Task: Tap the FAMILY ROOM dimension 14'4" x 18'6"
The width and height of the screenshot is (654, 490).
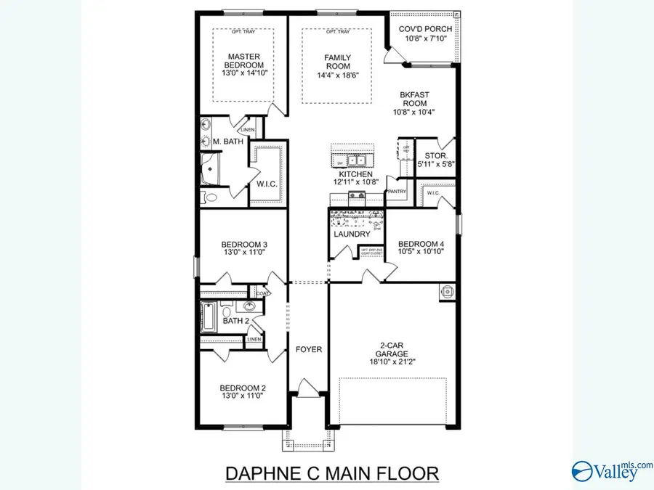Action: [x=337, y=75]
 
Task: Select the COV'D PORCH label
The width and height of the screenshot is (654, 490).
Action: [x=426, y=30]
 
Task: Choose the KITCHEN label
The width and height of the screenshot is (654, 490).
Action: [x=353, y=175]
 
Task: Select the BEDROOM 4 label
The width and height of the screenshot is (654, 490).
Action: [x=421, y=244]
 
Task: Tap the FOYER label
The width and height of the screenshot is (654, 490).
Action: [x=308, y=349]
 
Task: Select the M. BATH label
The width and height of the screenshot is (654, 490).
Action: [x=227, y=142]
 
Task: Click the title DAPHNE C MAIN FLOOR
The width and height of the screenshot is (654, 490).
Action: [x=332, y=474]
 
